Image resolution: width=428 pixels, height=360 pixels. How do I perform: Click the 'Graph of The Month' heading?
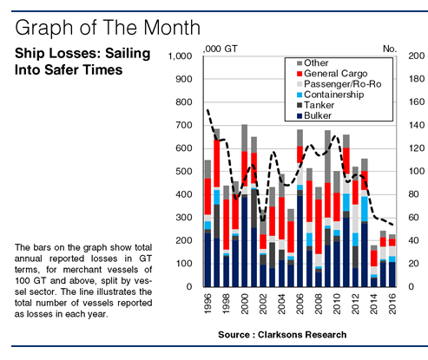click(x=108, y=28)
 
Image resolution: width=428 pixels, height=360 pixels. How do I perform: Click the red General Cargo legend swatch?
click(x=300, y=74)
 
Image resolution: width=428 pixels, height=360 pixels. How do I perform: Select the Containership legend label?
click(x=334, y=95)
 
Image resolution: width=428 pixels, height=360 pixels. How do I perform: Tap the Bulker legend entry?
click(x=314, y=115)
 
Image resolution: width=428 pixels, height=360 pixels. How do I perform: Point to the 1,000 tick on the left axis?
click(x=180, y=56)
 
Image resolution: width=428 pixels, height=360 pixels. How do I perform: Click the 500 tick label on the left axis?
click(x=184, y=171)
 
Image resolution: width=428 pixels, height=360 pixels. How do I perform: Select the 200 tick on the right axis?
click(x=417, y=56)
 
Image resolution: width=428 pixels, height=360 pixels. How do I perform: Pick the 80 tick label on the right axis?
click(x=413, y=194)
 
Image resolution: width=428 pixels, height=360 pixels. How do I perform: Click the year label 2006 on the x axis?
click(x=300, y=304)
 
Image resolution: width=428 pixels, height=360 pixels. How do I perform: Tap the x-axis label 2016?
click(x=392, y=304)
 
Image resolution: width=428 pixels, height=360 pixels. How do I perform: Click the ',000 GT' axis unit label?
click(x=221, y=49)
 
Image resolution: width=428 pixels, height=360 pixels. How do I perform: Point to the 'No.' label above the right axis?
click(x=390, y=49)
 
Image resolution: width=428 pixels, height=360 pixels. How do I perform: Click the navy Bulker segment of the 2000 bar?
click(x=245, y=242)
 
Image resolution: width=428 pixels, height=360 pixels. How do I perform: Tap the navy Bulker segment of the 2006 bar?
click(x=300, y=241)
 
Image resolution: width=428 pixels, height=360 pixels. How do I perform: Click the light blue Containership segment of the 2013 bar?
click(x=365, y=209)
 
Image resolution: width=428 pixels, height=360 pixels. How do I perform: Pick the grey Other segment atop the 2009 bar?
click(x=327, y=156)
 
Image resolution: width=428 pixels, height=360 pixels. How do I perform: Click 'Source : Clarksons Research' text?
click(x=282, y=335)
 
